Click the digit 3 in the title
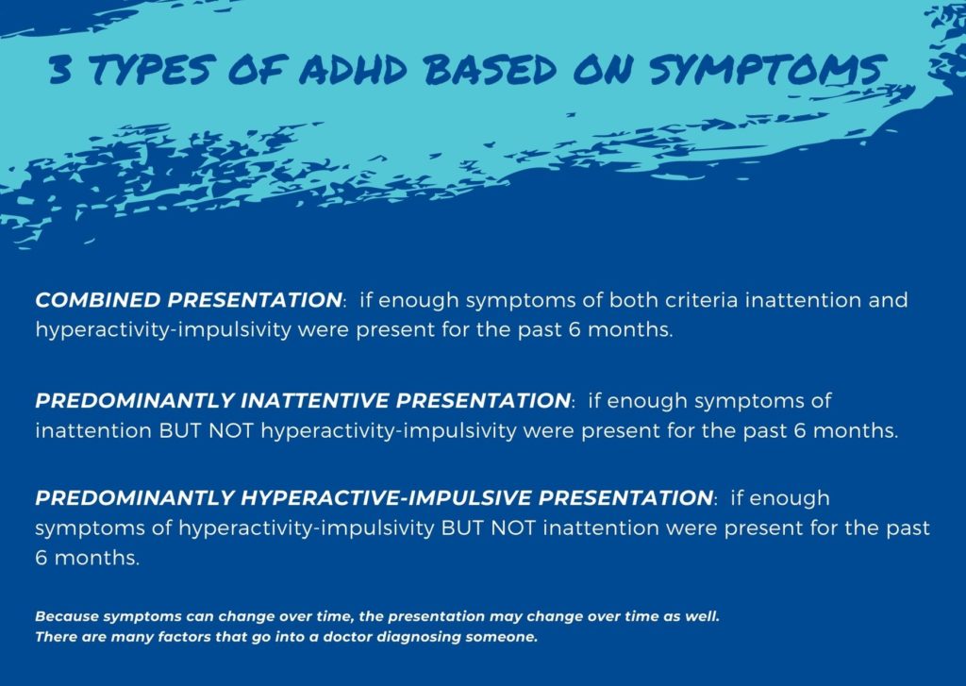[60, 71]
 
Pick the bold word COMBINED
[97, 300]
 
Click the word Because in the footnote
[67, 616]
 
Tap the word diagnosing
[418, 637]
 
